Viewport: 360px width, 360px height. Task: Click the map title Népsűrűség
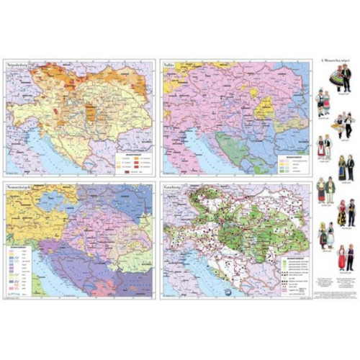(20, 65)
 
